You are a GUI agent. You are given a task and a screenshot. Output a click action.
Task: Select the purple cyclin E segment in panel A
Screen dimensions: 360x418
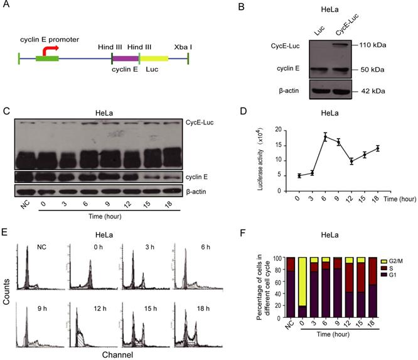[x=125, y=61]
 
